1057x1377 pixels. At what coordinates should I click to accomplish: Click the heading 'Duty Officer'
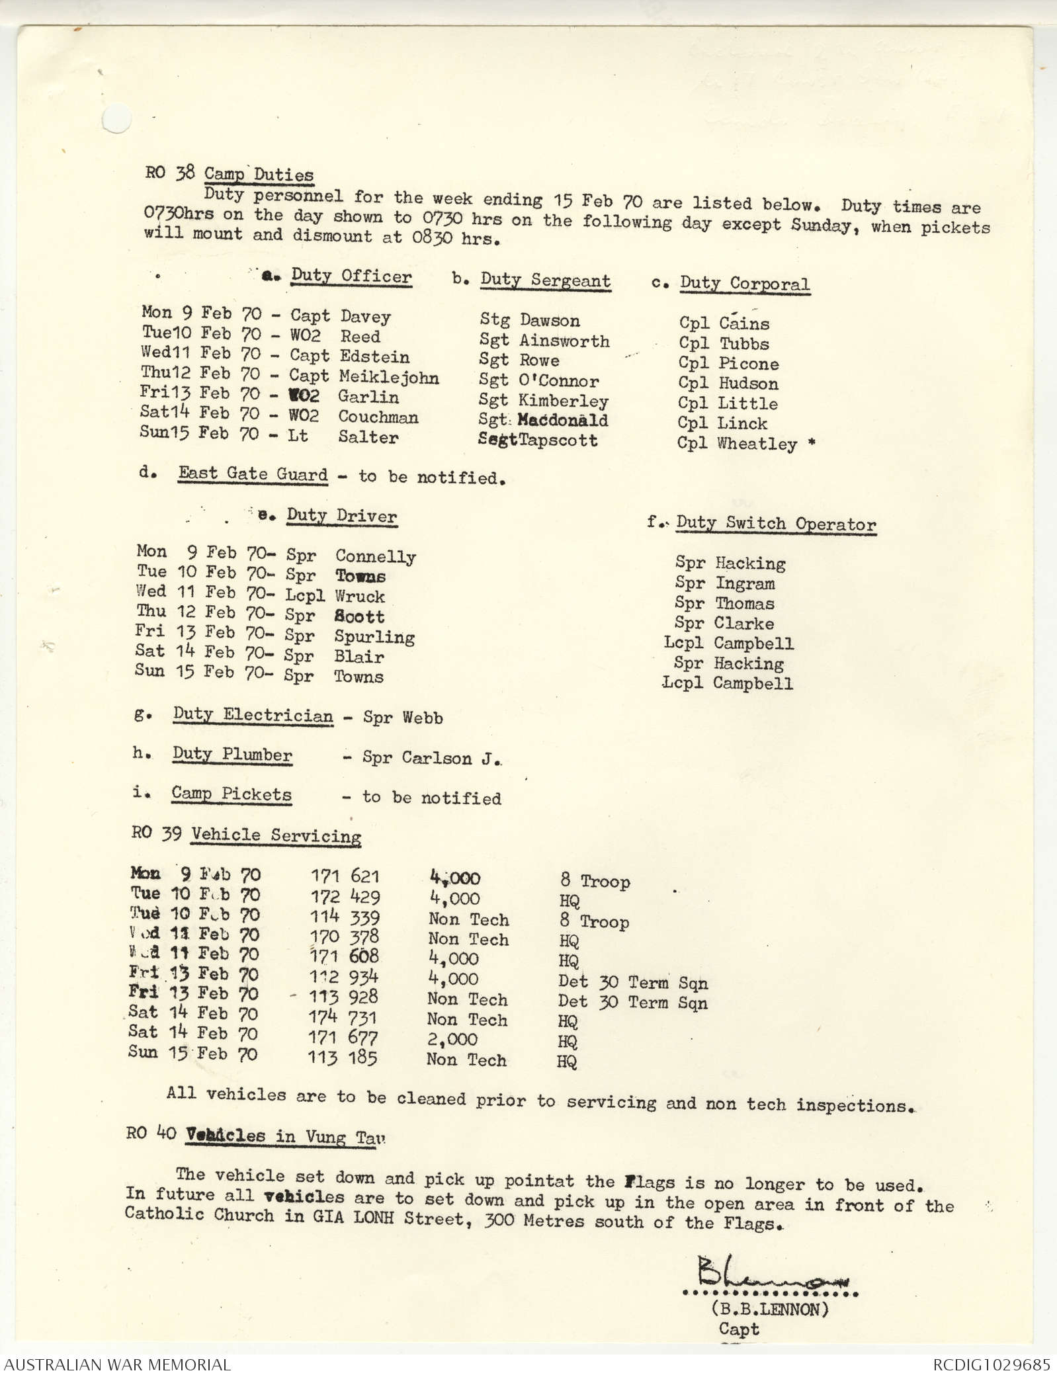coord(351,276)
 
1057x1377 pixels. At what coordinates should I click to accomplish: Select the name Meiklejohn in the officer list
coord(389,378)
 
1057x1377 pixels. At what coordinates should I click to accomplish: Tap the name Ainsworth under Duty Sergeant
coord(564,341)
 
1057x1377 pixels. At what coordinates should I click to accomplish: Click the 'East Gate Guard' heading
coord(253,474)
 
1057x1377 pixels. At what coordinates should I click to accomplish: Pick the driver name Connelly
coord(375,557)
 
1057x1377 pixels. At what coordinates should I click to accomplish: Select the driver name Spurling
coord(374,637)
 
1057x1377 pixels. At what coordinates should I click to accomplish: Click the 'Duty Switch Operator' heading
coord(776,524)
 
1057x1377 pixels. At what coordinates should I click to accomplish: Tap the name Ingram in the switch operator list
coord(745,584)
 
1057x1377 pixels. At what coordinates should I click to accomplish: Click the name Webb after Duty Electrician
coord(423,718)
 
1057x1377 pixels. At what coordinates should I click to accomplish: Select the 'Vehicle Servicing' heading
coord(276,835)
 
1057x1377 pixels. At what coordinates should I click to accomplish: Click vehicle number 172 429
coord(345,897)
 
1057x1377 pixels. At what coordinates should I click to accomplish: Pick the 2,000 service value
coord(452,1039)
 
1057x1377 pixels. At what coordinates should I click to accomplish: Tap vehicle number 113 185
coord(343,1058)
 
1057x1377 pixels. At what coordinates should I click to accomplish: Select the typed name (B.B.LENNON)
coord(770,1308)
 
